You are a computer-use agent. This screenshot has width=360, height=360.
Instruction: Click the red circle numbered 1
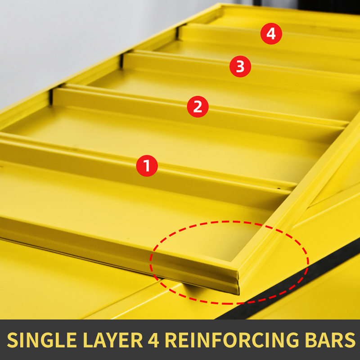(147, 166)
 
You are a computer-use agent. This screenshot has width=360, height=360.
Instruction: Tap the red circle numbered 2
(198, 107)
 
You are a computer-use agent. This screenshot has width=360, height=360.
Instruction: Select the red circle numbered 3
(240, 66)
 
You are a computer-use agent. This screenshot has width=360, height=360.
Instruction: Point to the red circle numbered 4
(271, 33)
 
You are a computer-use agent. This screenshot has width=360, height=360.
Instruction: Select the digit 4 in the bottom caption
(153, 340)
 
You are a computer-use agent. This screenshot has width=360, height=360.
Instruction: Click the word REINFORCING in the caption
(232, 340)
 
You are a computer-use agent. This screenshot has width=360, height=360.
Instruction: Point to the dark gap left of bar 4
(177, 32)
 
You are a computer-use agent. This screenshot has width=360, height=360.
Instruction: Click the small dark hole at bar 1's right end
(279, 189)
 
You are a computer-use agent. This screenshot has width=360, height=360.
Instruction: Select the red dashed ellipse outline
(229, 221)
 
